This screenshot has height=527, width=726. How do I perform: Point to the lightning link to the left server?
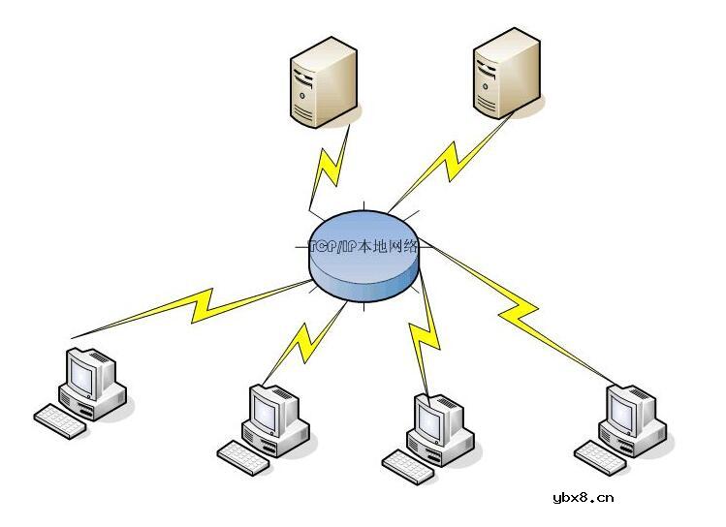330,170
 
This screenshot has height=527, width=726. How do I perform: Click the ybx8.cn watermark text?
583,499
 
